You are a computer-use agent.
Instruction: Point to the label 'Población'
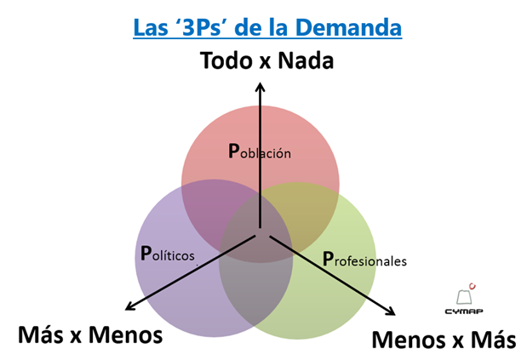pos(260,152)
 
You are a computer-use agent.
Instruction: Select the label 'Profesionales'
pos(364,259)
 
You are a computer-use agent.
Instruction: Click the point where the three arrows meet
pos(261,232)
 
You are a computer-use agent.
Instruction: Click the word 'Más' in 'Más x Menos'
pos(39,334)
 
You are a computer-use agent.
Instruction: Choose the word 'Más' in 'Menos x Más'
pos(495,340)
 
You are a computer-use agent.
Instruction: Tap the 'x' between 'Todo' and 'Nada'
pos(264,62)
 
